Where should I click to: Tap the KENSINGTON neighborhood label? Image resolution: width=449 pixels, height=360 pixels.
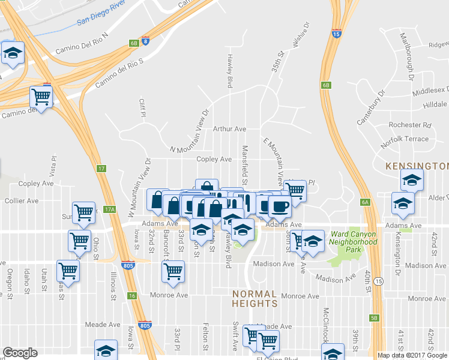coord(417,165)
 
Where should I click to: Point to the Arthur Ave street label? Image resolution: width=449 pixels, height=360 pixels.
coord(229,129)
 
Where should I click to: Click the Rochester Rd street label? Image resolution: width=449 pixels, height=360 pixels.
coord(410,125)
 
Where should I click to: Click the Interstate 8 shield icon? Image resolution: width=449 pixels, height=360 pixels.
coord(146,42)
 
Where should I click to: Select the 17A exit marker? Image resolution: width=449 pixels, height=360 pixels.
coord(109,209)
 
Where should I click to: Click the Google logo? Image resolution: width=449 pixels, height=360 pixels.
coord(20,353)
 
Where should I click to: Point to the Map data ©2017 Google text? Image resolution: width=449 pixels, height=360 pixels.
coord(412,355)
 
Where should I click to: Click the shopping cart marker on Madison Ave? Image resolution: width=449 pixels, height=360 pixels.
coord(173,271)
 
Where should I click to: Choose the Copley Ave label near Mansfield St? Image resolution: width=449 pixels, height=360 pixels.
coord(214,159)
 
